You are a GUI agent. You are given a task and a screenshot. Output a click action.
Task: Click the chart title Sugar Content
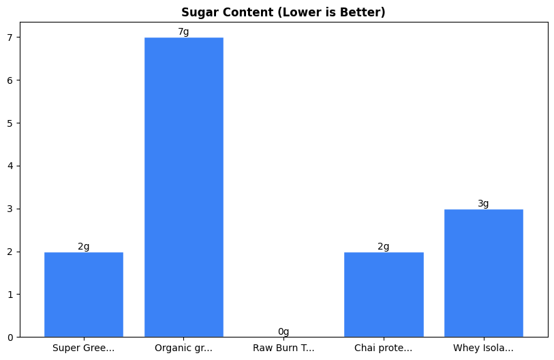[283, 12]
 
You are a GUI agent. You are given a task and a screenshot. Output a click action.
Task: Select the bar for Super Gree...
[84, 295]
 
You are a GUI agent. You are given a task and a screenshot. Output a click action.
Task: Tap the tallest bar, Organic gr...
[184, 187]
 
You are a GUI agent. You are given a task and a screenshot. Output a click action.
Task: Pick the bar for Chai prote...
[384, 295]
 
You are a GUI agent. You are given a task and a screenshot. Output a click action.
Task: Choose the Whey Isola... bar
[483, 273]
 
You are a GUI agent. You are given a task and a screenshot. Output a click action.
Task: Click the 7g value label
[183, 32]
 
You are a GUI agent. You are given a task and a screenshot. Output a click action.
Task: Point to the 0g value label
[283, 332]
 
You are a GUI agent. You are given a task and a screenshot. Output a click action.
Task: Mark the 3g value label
[483, 204]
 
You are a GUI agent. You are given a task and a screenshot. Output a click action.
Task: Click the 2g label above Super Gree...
[84, 247]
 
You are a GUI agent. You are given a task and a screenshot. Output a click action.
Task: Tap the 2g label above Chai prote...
[384, 247]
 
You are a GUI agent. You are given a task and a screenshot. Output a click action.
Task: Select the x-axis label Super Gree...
[84, 348]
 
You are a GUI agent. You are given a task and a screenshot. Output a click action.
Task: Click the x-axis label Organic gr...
[184, 348]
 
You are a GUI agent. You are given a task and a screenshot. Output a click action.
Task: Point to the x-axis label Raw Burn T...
[283, 348]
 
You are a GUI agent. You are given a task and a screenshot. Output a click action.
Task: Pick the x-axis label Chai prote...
[384, 348]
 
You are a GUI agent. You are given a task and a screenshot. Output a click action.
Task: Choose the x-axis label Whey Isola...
[483, 348]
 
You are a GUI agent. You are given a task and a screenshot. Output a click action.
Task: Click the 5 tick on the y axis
[10, 123]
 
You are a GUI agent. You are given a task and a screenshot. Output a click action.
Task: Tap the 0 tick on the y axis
[10, 337]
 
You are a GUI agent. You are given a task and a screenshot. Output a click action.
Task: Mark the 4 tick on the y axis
[10, 166]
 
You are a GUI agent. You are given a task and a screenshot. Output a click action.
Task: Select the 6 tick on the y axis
[10, 80]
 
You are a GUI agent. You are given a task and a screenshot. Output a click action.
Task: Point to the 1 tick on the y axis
[10, 295]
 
